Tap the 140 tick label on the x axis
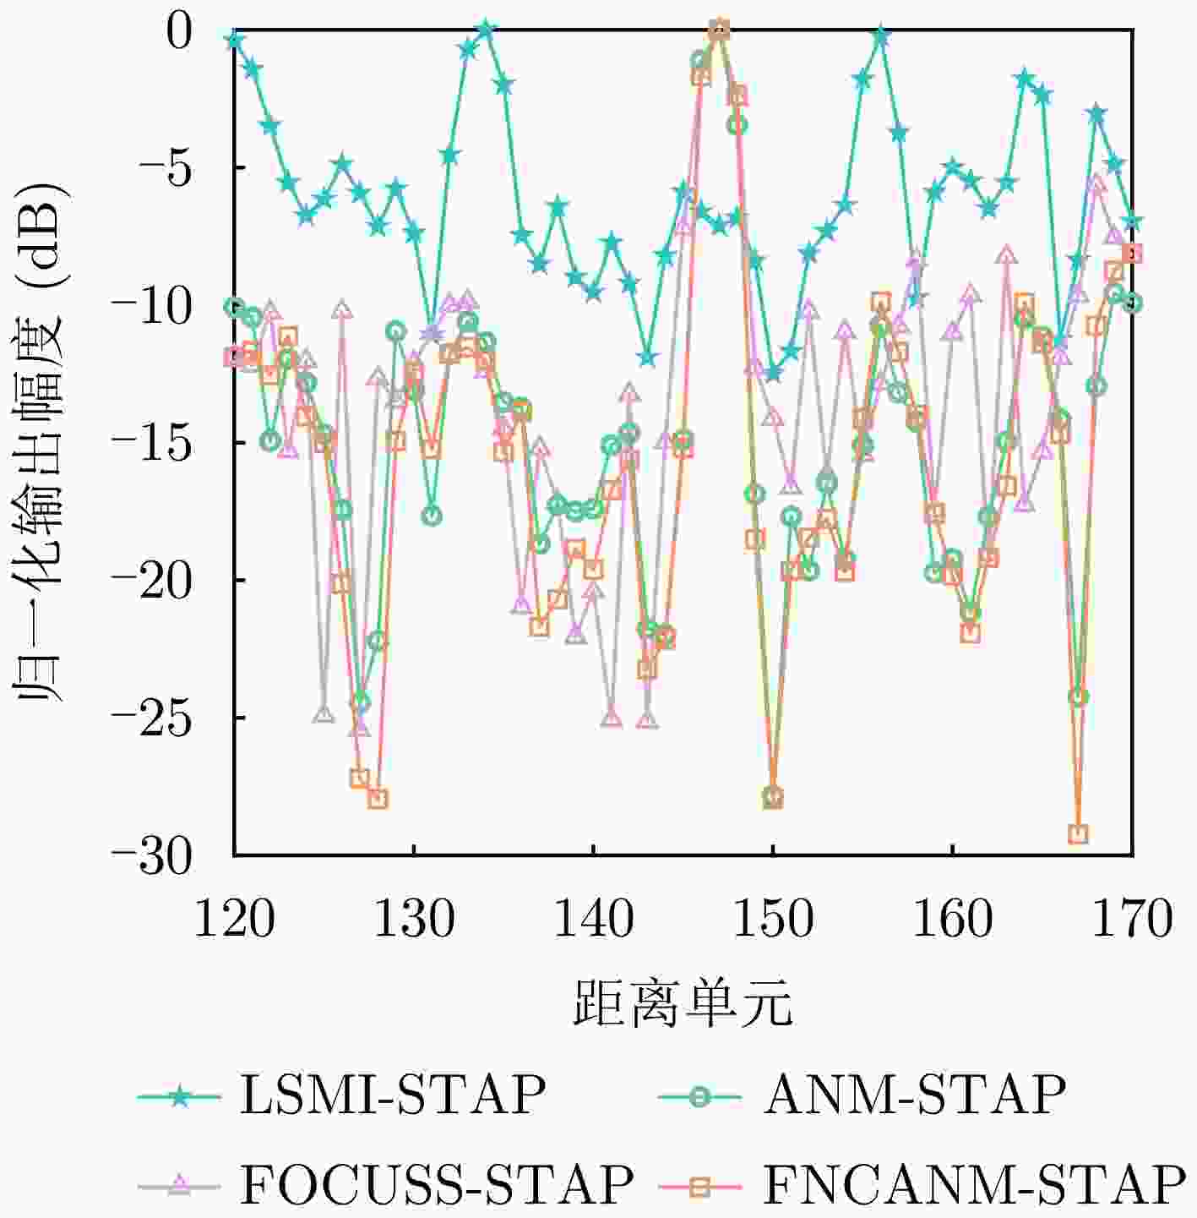593,919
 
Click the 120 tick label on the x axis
234,919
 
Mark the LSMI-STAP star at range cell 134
486,30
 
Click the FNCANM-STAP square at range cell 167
1078,834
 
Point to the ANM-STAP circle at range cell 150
773,795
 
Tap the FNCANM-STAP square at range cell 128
378,799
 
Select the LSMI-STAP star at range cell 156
881,36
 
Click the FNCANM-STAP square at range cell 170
1132,254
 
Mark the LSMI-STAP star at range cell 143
647,358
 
